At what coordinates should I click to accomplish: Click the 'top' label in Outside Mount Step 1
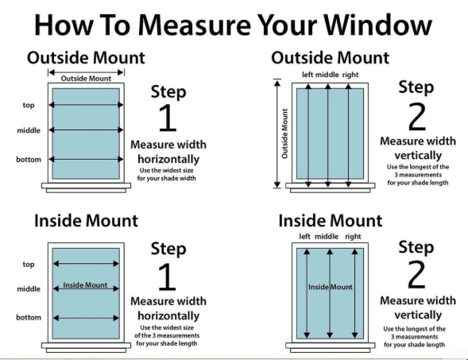[x=28, y=105]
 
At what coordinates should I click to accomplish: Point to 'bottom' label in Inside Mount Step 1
[x=29, y=318]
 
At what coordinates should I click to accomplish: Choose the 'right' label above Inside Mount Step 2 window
[x=354, y=237]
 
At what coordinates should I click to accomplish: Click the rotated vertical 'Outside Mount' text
[x=285, y=134]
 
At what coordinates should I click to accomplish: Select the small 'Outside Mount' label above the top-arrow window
[x=87, y=77]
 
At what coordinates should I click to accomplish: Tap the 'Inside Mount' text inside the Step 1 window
[x=85, y=285]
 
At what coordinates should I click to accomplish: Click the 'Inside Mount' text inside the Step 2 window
[x=330, y=286]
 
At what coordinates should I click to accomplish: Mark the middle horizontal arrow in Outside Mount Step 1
[x=87, y=130]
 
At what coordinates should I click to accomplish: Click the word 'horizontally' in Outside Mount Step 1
[x=168, y=159]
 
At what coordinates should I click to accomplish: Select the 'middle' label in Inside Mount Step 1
[x=29, y=289]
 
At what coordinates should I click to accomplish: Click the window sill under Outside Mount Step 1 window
[x=86, y=189]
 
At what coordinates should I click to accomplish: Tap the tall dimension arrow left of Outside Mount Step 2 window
[x=277, y=134]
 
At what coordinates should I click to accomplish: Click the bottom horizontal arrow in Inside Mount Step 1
[x=87, y=318]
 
